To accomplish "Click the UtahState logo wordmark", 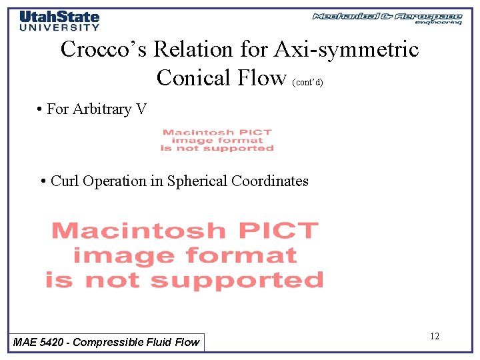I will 59,17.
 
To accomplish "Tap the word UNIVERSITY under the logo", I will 59,27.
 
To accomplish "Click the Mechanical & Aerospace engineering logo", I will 387,18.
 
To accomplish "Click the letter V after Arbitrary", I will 141,109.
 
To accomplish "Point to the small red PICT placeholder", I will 217,140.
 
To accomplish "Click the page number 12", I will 434,336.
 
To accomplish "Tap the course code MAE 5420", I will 39,342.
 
